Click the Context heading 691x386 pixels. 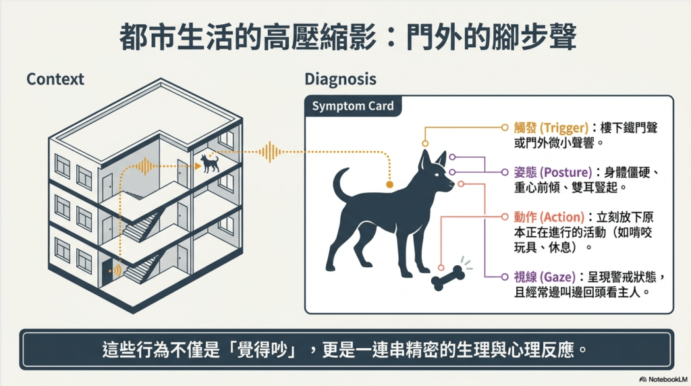(x=55, y=80)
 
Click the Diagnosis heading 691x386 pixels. (x=341, y=80)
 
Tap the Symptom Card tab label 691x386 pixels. (x=352, y=106)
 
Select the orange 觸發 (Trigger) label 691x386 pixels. (x=551, y=128)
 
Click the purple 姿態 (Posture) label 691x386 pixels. (x=553, y=172)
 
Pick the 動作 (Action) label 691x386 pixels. (x=549, y=217)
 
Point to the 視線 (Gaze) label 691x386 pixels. (x=545, y=277)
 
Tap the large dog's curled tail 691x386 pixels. (x=341, y=185)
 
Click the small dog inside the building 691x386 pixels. (x=210, y=163)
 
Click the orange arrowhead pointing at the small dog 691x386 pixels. (x=198, y=166)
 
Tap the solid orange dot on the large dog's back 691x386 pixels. (x=389, y=185)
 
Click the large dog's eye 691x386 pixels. (x=437, y=173)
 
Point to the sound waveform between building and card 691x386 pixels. (x=270, y=153)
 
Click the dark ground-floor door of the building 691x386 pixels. (x=107, y=273)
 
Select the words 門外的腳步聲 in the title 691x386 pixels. (x=491, y=38)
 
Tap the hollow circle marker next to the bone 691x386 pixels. (x=441, y=267)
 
